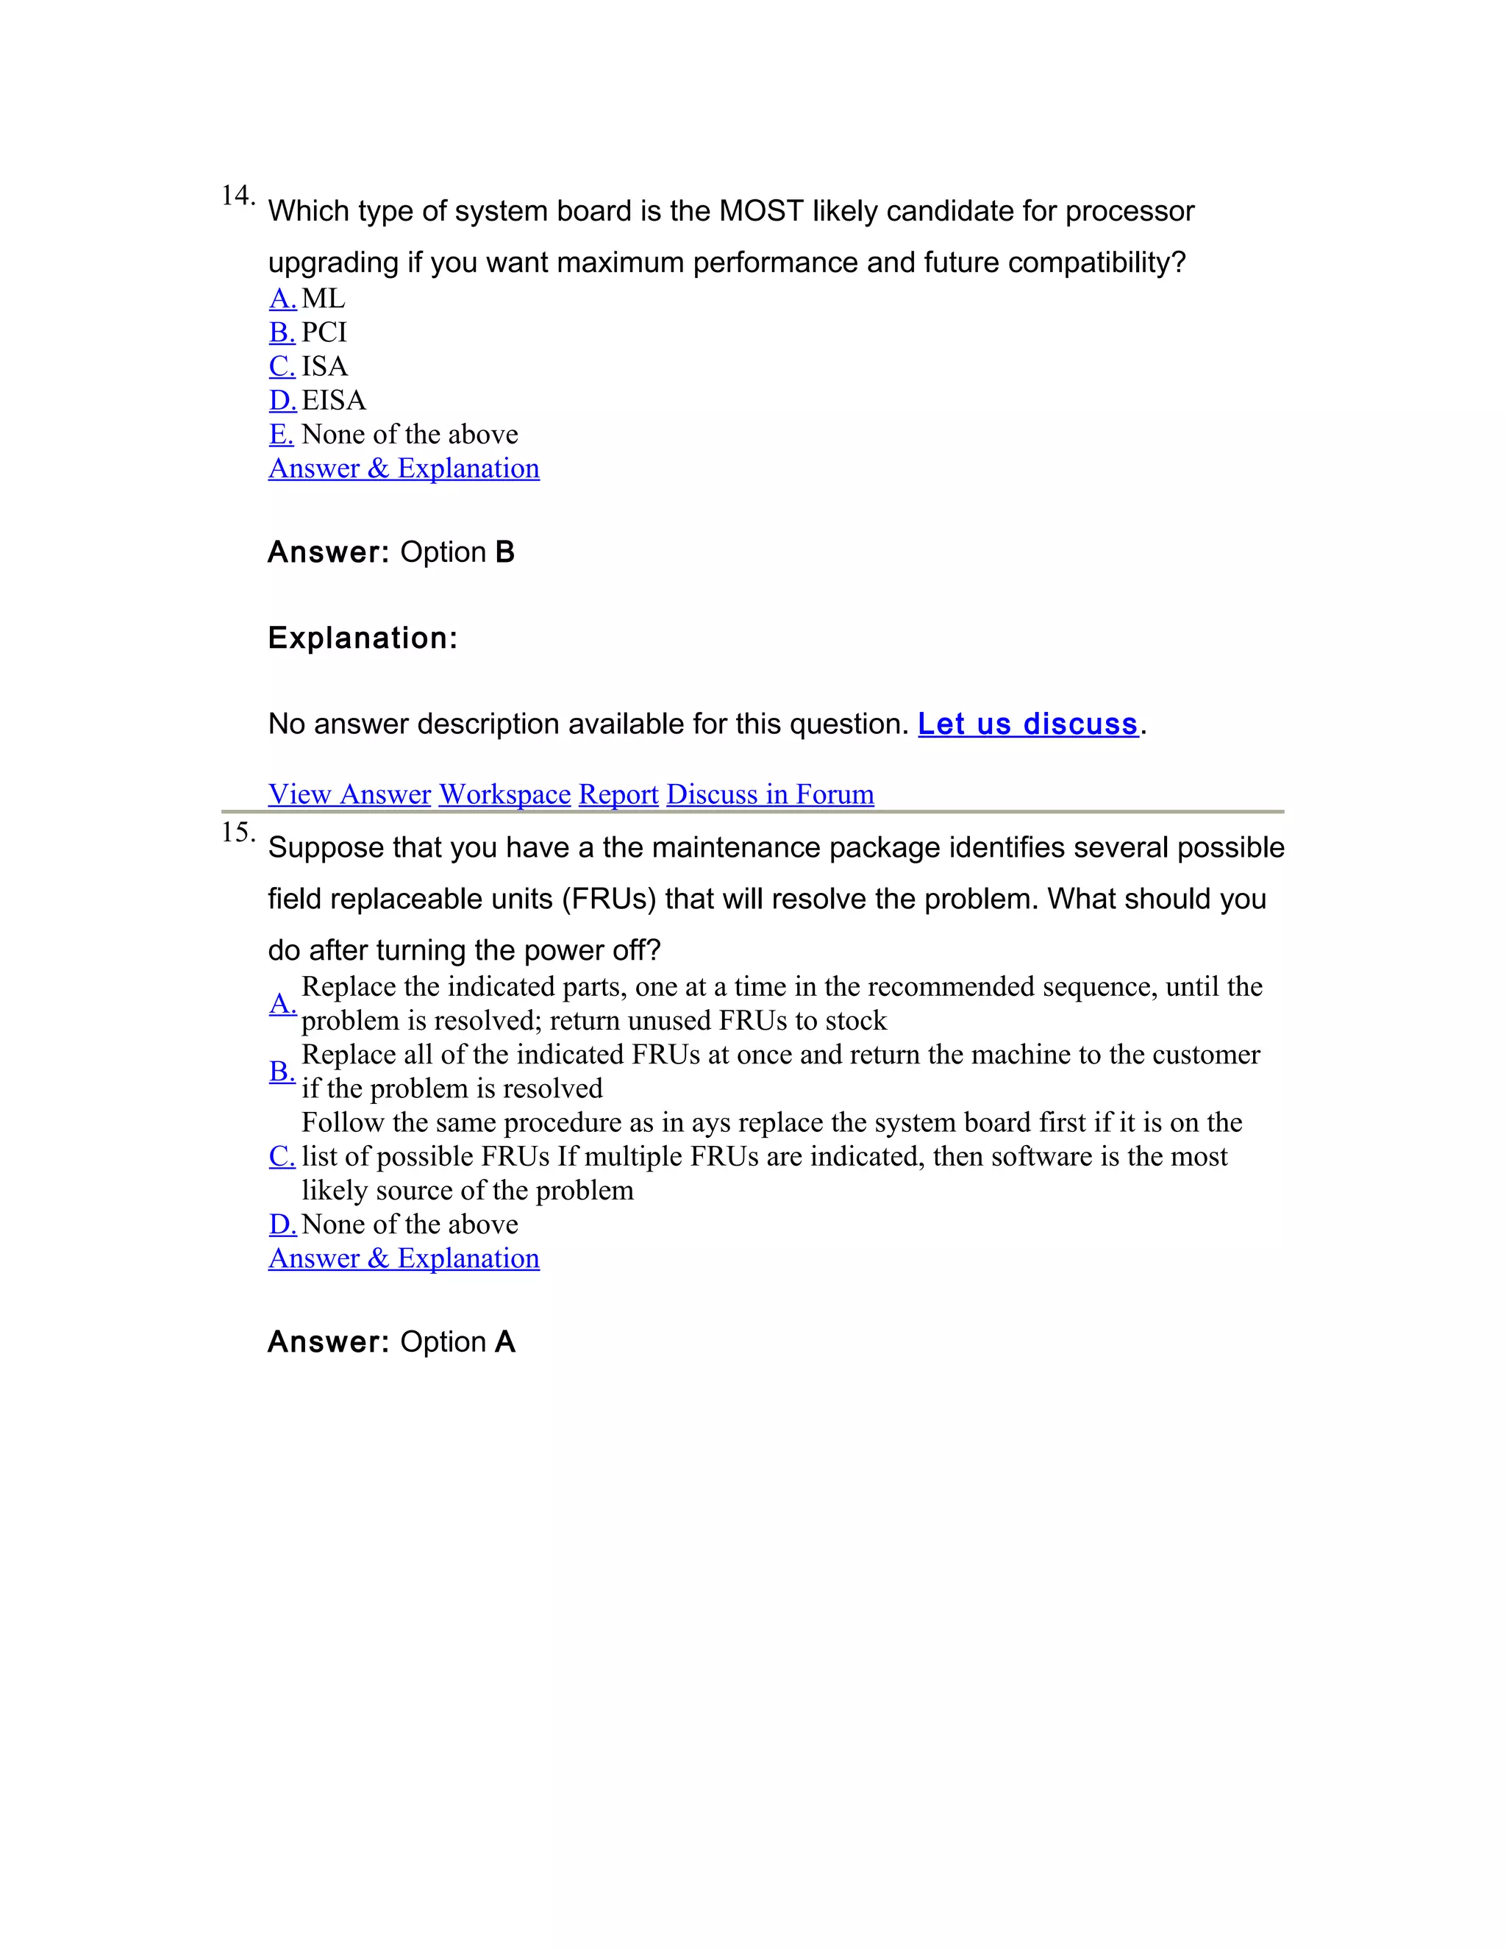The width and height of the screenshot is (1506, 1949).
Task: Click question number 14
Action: click(237, 196)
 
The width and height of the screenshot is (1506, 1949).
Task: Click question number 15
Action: click(237, 833)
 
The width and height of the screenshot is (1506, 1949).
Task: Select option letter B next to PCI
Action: click(282, 332)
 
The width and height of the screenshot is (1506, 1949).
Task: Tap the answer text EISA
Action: click(334, 400)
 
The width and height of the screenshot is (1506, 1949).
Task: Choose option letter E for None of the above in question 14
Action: click(281, 434)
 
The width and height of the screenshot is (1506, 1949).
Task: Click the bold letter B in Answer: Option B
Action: click(505, 552)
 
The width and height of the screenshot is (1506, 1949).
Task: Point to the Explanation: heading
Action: click(363, 638)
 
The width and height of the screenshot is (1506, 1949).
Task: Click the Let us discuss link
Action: click(1028, 724)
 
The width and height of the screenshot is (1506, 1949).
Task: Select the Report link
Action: click(618, 794)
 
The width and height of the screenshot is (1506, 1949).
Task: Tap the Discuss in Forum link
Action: click(770, 794)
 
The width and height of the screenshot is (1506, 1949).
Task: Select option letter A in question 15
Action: click(282, 1003)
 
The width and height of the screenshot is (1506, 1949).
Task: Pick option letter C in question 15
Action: click(282, 1157)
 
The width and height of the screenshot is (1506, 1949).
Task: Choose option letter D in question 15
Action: click(282, 1225)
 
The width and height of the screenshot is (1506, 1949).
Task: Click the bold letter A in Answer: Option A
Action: click(505, 1342)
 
